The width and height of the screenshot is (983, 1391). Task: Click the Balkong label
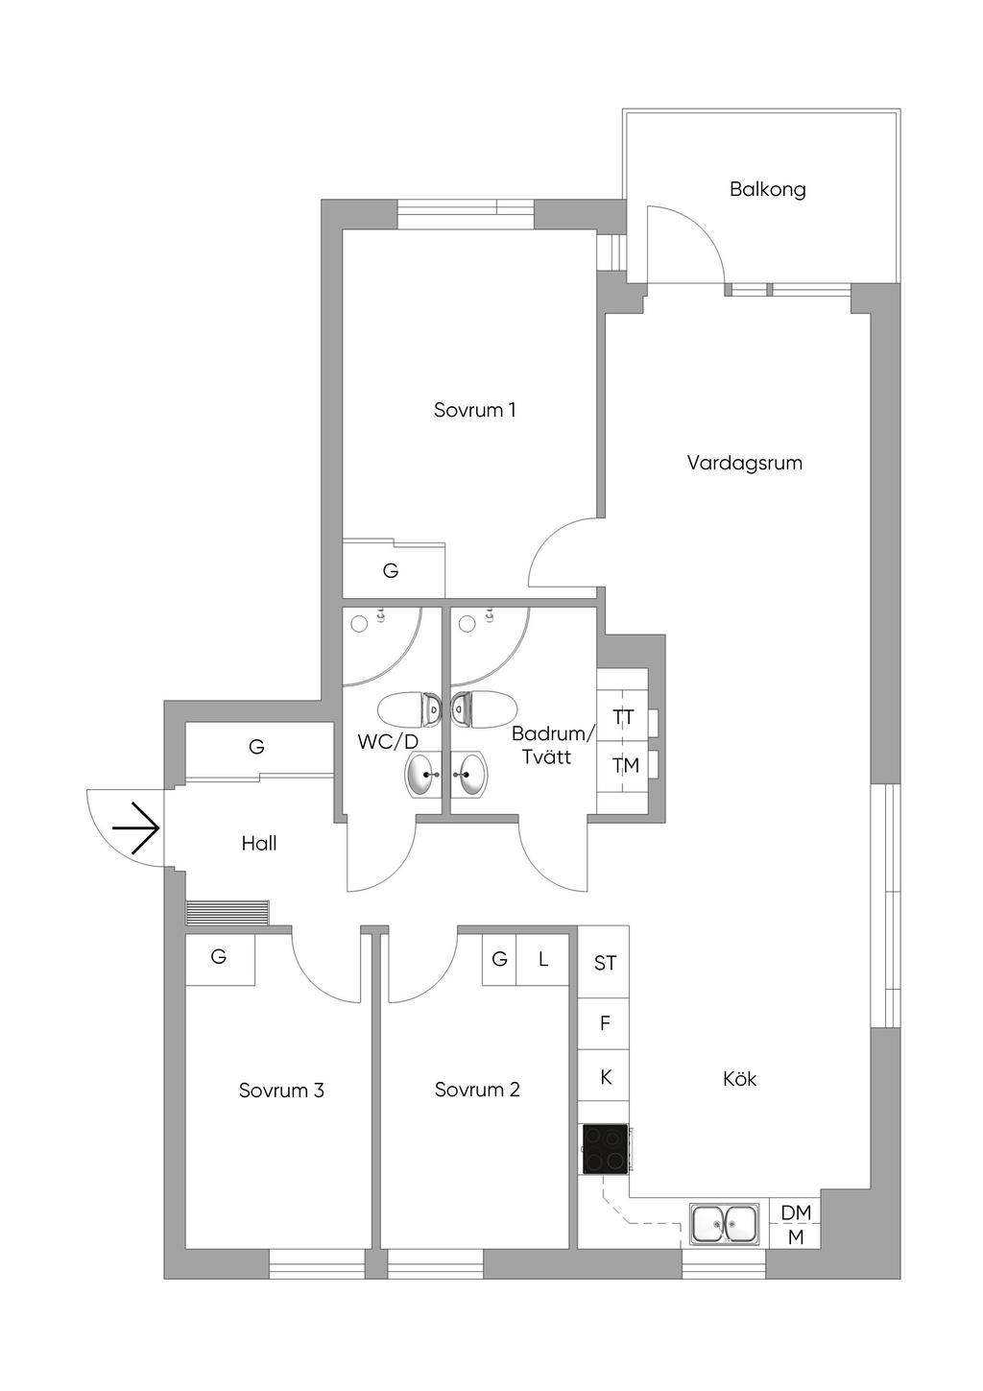(767, 189)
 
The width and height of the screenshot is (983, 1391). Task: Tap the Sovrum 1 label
(475, 410)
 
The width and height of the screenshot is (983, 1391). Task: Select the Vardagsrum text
(744, 463)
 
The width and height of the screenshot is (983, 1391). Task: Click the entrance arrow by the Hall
(135, 827)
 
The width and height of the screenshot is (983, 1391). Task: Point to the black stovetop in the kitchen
(605, 1148)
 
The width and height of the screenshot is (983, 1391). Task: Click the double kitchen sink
(725, 1224)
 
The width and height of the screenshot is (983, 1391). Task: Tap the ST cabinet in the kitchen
(605, 963)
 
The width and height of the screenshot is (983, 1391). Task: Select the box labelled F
(605, 1023)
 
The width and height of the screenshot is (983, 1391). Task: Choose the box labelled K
(605, 1077)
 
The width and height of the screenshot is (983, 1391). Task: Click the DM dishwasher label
(796, 1212)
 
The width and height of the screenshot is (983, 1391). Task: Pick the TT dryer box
(623, 717)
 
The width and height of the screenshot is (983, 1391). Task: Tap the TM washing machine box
(625, 765)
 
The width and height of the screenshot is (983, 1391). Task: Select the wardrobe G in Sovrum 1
(391, 571)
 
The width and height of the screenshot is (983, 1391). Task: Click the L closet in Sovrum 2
(543, 959)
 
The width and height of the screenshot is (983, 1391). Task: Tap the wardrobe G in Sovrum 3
(219, 957)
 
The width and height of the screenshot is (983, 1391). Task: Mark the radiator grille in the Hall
(228, 911)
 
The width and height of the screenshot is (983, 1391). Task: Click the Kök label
(739, 1079)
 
